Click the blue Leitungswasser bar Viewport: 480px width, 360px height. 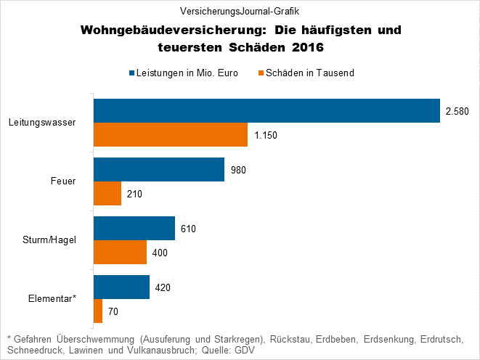pos(267,110)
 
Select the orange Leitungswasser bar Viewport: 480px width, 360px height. pos(171,135)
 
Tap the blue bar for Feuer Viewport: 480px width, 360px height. pos(159,169)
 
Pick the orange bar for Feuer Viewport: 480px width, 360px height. pos(107,194)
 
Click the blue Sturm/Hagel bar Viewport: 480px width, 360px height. pos(134,228)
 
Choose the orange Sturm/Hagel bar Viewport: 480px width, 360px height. pos(120,253)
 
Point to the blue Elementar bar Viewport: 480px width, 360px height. pos(121,287)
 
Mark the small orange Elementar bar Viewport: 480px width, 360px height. pos(98,311)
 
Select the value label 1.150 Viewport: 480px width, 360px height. pos(266,136)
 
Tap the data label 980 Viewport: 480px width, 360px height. pos(239,170)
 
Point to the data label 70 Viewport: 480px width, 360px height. pos(113,312)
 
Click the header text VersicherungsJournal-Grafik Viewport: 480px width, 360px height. pos(240,11)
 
